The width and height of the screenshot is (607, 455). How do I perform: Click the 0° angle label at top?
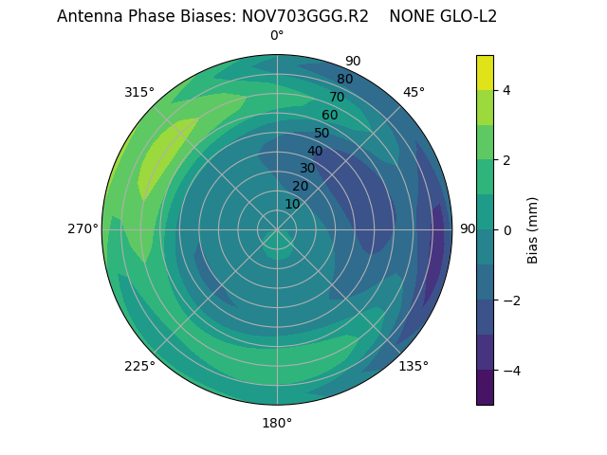tap(277, 36)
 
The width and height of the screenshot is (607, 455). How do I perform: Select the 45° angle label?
tap(414, 92)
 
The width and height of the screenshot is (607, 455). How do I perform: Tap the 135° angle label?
tap(414, 366)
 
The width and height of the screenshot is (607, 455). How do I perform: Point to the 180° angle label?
tap(277, 423)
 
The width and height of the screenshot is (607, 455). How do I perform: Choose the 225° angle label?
tap(139, 367)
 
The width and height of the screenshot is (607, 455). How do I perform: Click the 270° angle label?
tap(83, 228)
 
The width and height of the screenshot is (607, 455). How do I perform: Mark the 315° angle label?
tap(139, 92)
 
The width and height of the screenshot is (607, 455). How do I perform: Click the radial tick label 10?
tap(292, 204)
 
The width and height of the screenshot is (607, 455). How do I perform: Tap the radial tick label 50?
tap(322, 134)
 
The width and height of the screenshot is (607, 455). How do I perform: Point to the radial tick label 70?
tap(337, 97)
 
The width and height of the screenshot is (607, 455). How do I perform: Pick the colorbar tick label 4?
tap(507, 90)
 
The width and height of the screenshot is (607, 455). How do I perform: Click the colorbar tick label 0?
tap(507, 229)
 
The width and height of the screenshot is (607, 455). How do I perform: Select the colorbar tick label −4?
tap(507, 370)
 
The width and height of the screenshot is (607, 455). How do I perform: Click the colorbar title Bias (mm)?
tap(533, 229)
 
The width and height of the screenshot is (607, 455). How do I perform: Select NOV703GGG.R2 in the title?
tap(307, 16)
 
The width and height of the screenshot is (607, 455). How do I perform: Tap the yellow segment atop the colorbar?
tap(485, 72)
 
